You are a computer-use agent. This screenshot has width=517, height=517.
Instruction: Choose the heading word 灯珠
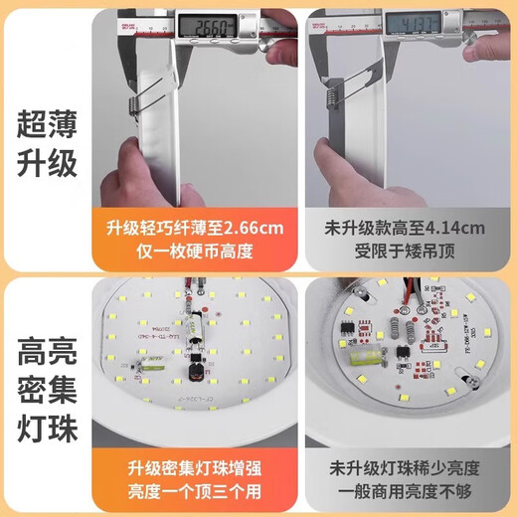click(x=47, y=433)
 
